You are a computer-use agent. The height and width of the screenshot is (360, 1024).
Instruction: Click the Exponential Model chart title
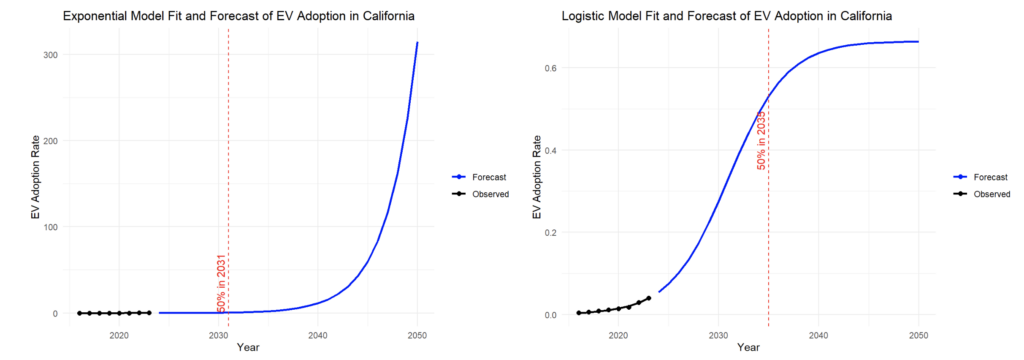pyautogui.click(x=238, y=16)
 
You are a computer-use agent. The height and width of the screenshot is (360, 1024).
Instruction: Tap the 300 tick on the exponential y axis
pyautogui.click(x=54, y=55)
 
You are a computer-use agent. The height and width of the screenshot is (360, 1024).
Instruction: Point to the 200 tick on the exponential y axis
pyautogui.click(x=54, y=141)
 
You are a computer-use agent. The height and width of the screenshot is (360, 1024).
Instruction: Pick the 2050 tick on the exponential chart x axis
pyautogui.click(x=417, y=336)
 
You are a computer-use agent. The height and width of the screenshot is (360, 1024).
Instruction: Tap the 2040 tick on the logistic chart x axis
pyautogui.click(x=818, y=336)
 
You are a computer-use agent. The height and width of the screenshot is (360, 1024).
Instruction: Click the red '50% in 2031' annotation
pyautogui.click(x=221, y=283)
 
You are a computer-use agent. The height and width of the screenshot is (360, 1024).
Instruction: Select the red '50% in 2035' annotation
pyautogui.click(x=761, y=140)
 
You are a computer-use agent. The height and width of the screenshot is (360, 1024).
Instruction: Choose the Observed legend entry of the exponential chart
pyautogui.click(x=480, y=194)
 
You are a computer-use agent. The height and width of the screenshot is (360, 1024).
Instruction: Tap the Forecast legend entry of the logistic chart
pyautogui.click(x=981, y=176)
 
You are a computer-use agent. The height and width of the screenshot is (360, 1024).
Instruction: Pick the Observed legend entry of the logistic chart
pyautogui.click(x=982, y=194)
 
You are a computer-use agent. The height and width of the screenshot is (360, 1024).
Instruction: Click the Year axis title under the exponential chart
pyautogui.click(x=248, y=347)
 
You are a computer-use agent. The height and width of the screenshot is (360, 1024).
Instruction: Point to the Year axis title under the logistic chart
pyautogui.click(x=748, y=348)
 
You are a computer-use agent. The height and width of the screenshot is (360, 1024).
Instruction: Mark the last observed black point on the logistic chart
pyautogui.click(x=648, y=298)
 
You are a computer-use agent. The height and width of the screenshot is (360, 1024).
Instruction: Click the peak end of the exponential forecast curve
pyautogui.click(x=417, y=42)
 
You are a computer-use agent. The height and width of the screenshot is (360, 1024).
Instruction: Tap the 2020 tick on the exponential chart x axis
pyautogui.click(x=119, y=336)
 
